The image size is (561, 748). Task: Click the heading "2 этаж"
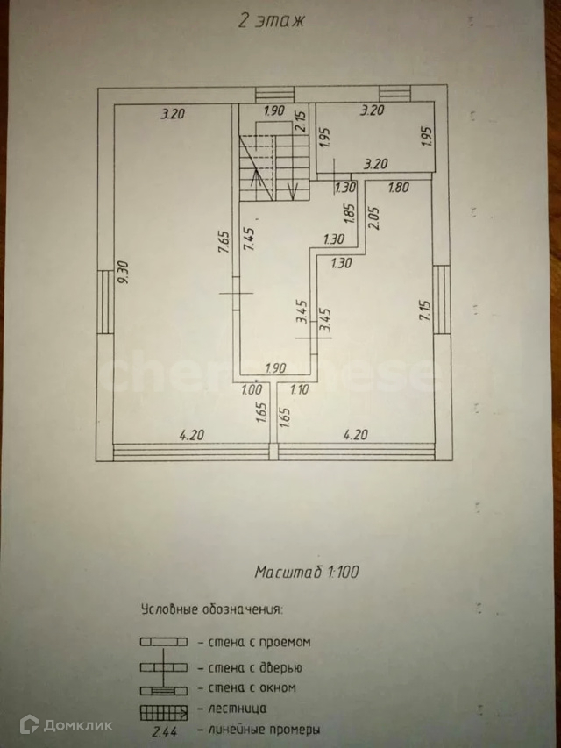[x=271, y=22]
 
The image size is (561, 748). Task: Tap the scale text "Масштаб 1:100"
[x=306, y=573]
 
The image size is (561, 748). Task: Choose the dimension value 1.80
[x=398, y=187]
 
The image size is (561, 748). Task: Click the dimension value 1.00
[x=252, y=389]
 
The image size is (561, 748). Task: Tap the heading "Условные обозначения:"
[x=212, y=608]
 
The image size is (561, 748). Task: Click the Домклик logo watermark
[x=66, y=724]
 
